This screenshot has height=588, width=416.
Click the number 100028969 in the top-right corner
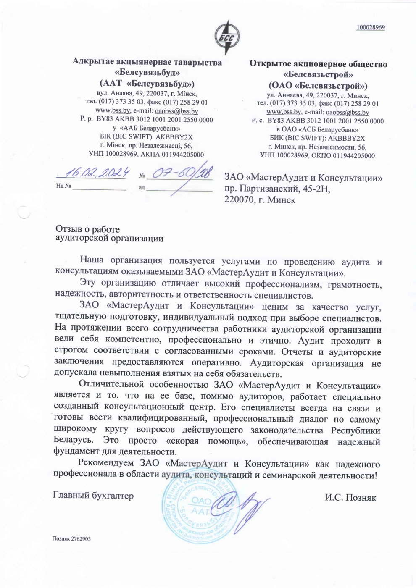coord(371,28)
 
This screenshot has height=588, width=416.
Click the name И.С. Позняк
coord(350,498)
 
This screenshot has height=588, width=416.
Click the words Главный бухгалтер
coord(93,496)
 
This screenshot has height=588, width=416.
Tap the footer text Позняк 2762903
coord(71,539)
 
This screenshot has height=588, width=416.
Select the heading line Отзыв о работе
coord(88,229)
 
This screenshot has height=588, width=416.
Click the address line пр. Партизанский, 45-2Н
coord(277,189)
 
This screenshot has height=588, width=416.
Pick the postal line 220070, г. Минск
coord(260,200)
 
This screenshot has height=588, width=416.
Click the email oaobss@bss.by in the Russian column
coord(347,112)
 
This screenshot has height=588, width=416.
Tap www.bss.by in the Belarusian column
coord(113,110)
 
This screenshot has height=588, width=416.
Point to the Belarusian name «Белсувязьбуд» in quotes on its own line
coord(147,73)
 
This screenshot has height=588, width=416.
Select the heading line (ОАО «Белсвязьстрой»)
coord(318,86)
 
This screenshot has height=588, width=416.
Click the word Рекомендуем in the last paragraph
coord(107,464)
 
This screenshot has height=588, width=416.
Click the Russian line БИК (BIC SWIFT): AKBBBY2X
coord(317,138)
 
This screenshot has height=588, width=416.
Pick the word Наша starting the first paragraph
coord(92,261)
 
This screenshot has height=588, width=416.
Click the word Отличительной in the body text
coord(111,384)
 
